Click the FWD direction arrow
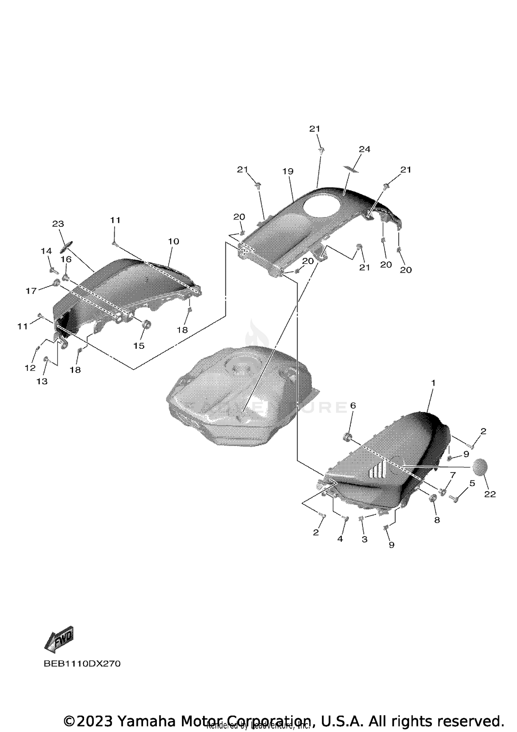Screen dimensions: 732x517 [x=59, y=640]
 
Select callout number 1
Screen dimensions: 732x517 [x=433, y=383]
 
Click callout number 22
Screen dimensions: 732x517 [x=490, y=494]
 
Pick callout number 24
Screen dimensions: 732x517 [x=364, y=149]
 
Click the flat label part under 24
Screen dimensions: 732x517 [x=351, y=169]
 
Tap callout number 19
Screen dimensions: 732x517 [x=288, y=171]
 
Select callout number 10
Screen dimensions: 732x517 [x=174, y=241]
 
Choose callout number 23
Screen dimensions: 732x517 [x=58, y=224]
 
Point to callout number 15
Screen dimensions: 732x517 [x=139, y=346]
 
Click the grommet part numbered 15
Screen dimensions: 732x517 [x=146, y=325]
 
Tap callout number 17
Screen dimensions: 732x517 [x=31, y=291]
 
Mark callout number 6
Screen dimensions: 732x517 [x=353, y=406]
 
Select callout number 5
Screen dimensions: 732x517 [x=472, y=483]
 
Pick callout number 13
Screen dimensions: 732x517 [x=42, y=381]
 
